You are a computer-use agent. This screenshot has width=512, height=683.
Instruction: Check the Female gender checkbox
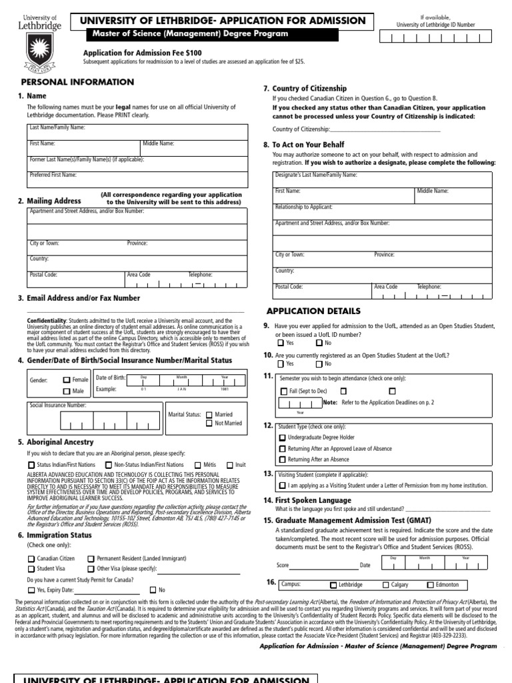click(67, 380)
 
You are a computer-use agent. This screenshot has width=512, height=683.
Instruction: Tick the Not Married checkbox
click(209, 423)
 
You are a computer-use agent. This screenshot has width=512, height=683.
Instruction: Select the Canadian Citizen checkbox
click(31, 558)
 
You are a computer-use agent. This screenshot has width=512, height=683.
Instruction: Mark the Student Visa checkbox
click(31, 569)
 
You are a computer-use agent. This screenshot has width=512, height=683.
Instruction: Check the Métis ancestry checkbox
click(198, 465)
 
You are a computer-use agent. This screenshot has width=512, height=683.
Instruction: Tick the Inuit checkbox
click(230, 465)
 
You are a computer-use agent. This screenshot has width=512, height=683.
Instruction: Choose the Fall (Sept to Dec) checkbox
click(284, 392)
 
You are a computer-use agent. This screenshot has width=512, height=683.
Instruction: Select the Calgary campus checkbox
click(385, 585)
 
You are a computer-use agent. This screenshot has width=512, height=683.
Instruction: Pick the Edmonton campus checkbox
click(430, 585)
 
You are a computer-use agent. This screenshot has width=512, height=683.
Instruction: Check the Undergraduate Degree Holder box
click(282, 438)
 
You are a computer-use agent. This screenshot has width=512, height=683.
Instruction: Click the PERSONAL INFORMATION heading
click(77, 82)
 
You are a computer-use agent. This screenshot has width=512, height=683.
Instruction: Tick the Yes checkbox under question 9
click(280, 343)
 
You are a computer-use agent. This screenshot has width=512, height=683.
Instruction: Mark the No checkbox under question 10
click(319, 364)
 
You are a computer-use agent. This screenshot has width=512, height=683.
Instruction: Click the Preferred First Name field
click(137, 179)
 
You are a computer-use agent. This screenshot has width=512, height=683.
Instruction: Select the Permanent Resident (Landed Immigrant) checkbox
click(91, 558)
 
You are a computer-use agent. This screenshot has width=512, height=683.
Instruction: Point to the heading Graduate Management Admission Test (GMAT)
click(348, 520)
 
